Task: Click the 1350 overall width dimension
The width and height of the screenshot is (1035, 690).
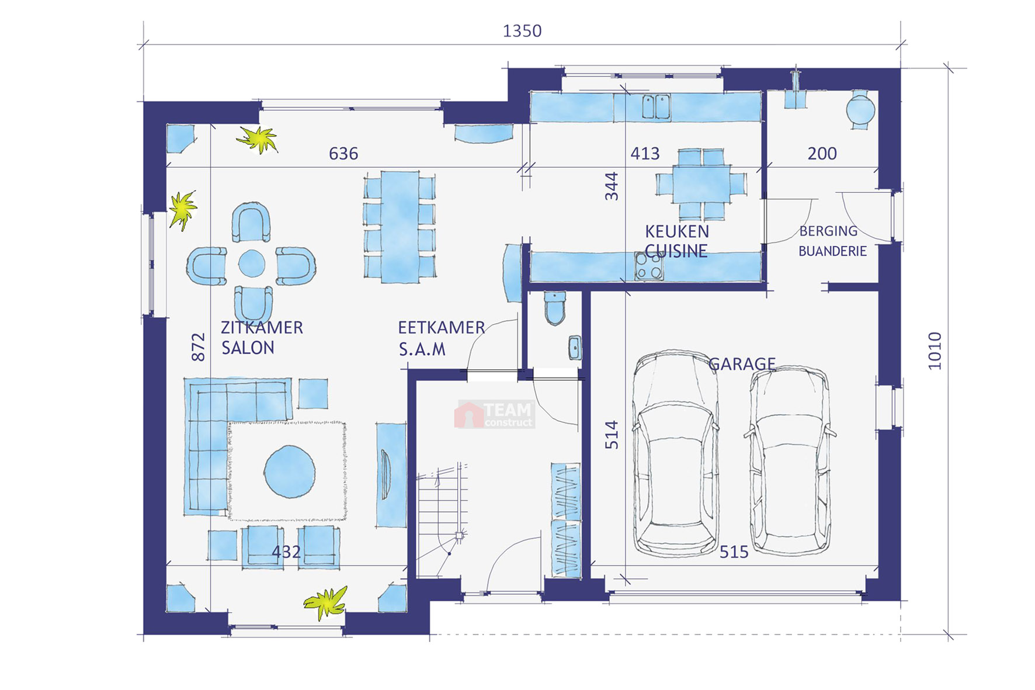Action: [522, 31]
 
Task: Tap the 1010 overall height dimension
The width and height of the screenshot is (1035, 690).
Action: [935, 351]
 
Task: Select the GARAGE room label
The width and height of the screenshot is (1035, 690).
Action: [742, 364]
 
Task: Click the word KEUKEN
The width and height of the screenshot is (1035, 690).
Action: [677, 231]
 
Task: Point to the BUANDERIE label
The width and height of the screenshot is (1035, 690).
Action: [832, 251]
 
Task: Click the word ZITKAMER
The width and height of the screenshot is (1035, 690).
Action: [262, 327]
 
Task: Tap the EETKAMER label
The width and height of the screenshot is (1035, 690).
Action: [442, 327]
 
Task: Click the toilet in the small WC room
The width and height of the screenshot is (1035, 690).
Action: [555, 308]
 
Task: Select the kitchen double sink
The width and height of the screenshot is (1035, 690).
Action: [656, 107]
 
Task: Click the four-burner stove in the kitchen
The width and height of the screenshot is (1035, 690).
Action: [649, 266]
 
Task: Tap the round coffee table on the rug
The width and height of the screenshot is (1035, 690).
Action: [290, 471]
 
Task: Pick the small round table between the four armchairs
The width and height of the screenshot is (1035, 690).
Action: [252, 263]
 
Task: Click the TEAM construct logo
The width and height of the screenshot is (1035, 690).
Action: [495, 414]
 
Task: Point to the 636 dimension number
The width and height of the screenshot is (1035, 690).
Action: [343, 154]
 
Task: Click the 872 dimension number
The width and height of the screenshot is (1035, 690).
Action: [199, 347]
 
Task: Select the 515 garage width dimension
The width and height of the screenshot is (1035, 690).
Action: [734, 552]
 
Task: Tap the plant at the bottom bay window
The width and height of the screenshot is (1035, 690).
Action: [326, 602]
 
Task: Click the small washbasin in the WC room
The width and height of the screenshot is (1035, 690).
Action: [575, 348]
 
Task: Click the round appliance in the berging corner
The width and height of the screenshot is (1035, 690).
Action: [861, 109]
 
